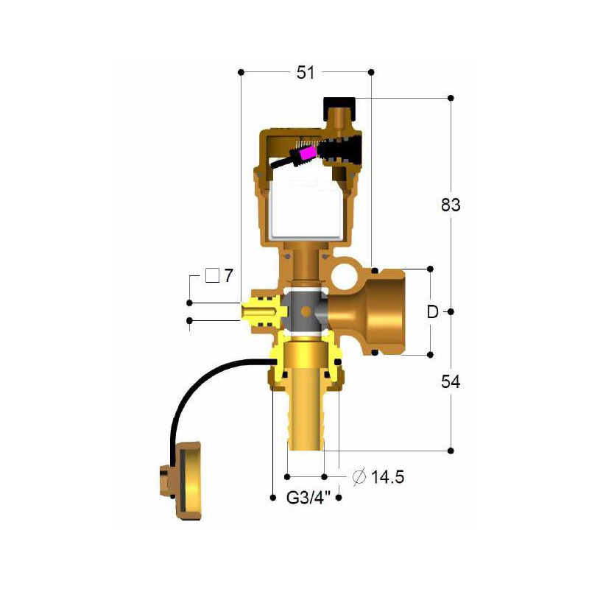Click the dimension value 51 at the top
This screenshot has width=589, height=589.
[x=306, y=72]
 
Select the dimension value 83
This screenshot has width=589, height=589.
[x=451, y=205]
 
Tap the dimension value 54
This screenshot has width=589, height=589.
[x=451, y=382]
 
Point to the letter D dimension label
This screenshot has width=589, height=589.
[x=433, y=311]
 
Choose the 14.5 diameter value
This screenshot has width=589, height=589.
[x=388, y=477]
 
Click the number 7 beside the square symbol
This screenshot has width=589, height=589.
[x=228, y=276]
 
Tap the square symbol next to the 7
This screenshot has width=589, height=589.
[x=213, y=276]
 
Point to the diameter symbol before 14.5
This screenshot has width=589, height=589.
[x=359, y=477]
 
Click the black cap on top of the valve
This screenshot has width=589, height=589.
[x=339, y=103]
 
